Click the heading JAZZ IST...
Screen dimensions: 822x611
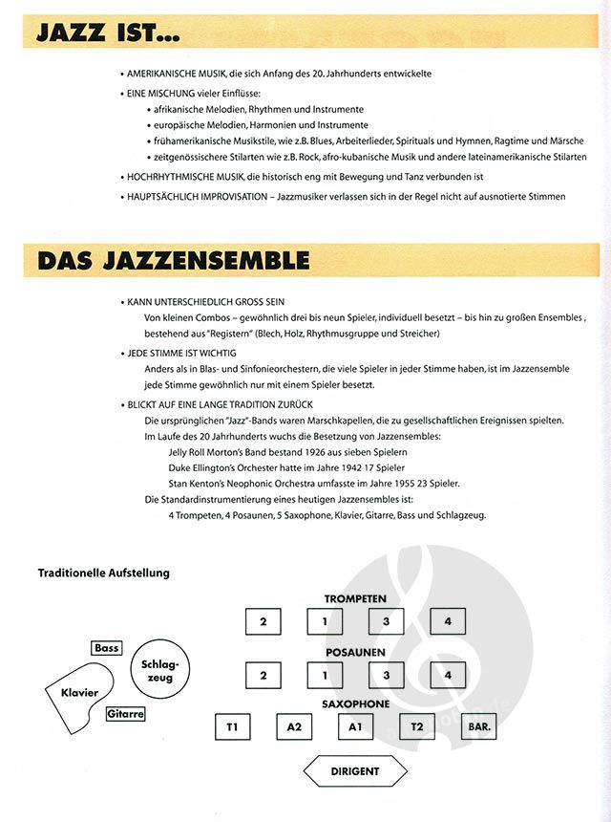coord(107,32)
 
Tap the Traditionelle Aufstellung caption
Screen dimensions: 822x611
coord(103,573)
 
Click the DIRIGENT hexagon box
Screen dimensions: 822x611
coord(355,770)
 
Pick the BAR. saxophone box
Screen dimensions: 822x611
coord(479,727)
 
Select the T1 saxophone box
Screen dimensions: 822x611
coord(232,727)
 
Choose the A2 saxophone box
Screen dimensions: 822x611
coord(294,727)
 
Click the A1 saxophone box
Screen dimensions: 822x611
coord(355,727)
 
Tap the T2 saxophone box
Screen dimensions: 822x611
coord(417,727)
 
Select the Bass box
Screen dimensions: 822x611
coord(107,648)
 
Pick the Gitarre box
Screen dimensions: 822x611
coord(125,713)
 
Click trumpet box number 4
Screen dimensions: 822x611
coord(447,622)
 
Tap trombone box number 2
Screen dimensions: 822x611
coord(263,675)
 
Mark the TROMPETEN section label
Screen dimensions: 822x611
coord(355,598)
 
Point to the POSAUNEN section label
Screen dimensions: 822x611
coord(355,651)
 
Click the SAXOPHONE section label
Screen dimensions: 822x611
coord(355,704)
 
